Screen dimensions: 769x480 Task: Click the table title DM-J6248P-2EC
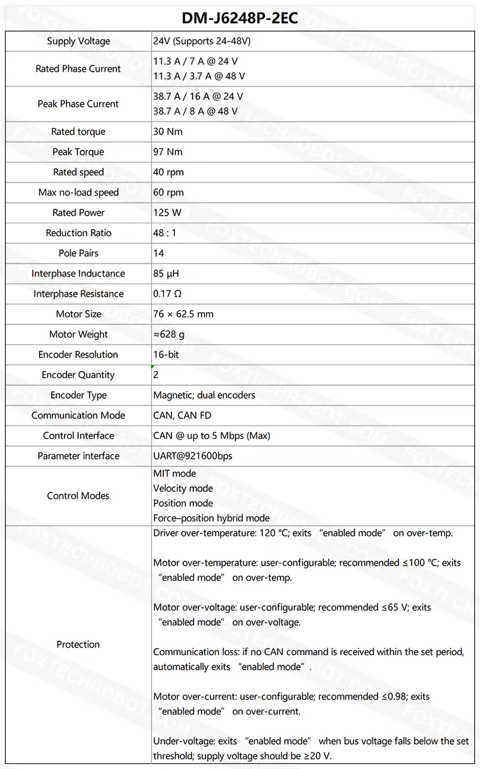tap(240, 18)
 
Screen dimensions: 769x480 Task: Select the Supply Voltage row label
tap(78, 42)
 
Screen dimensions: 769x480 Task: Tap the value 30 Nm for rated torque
tap(168, 132)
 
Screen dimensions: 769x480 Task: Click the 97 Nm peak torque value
tap(168, 152)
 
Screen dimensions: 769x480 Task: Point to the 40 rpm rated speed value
tap(169, 172)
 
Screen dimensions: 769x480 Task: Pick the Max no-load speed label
tap(78, 193)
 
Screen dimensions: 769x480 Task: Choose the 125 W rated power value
tap(167, 213)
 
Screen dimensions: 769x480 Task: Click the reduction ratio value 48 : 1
tap(164, 233)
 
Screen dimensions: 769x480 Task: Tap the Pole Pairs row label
tap(78, 253)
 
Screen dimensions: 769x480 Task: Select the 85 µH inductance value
tap(166, 274)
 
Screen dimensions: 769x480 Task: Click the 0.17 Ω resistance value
tap(166, 294)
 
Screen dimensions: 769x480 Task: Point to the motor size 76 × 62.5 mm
tap(183, 314)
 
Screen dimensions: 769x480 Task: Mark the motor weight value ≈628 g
tap(169, 335)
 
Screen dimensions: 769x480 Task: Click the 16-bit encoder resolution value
tap(166, 355)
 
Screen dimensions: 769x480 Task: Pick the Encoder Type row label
tap(78, 395)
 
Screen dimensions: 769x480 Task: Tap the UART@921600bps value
tap(193, 456)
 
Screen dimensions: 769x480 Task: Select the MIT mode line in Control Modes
tap(174, 474)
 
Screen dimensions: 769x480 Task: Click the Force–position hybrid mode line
tap(211, 518)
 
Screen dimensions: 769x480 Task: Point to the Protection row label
tap(78, 644)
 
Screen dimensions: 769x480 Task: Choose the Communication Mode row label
tap(78, 416)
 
